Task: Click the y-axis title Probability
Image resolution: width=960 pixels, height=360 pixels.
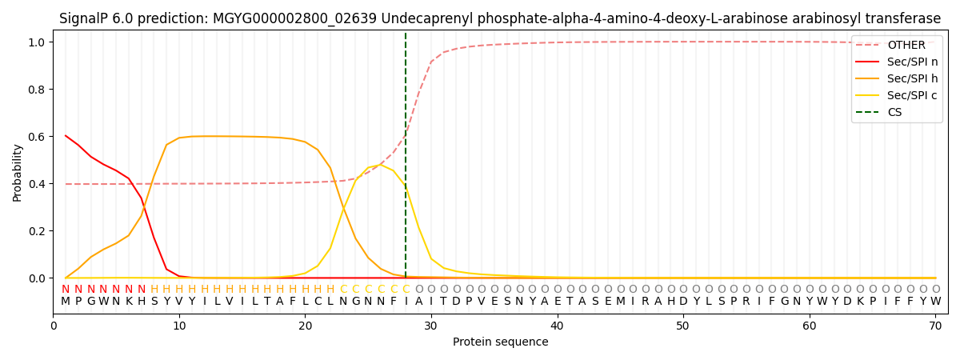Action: click(x=18, y=172)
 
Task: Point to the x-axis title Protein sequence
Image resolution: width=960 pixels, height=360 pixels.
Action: click(x=501, y=342)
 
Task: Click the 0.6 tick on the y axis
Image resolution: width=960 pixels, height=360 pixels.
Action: click(x=38, y=137)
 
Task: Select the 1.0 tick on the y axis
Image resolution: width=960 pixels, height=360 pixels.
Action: click(x=38, y=42)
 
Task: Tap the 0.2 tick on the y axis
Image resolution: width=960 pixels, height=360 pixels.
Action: click(x=38, y=231)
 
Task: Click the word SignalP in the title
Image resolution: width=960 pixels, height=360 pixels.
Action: click(x=86, y=18)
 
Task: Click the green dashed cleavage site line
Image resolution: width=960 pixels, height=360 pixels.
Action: click(x=406, y=160)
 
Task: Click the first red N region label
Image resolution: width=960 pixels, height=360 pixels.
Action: click(x=66, y=290)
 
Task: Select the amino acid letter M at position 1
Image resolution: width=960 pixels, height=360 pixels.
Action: click(x=66, y=302)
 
